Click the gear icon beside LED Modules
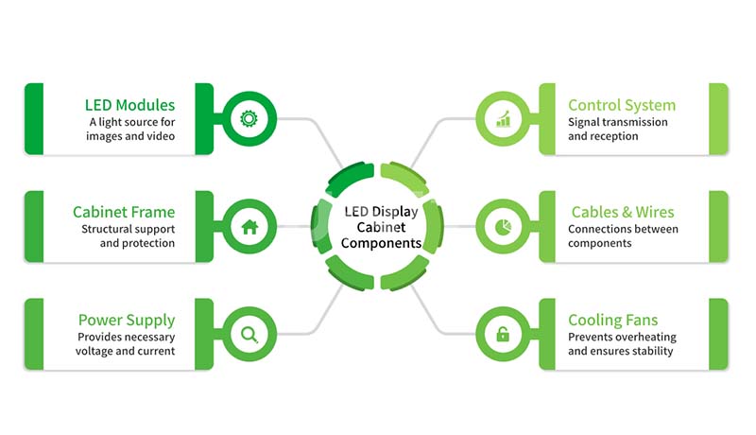click(249, 118)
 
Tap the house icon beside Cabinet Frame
click(249, 226)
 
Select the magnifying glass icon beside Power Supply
click(249, 334)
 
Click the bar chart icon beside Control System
click(503, 118)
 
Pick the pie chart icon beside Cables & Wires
click(503, 226)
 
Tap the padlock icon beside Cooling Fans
click(503, 334)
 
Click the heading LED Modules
click(129, 105)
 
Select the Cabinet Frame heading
click(124, 212)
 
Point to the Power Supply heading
click(127, 321)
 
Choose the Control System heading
click(622, 105)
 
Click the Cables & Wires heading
click(623, 212)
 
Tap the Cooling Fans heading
click(612, 321)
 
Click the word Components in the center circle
click(382, 243)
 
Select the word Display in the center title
click(394, 212)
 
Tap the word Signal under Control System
click(583, 123)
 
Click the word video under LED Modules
click(161, 136)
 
